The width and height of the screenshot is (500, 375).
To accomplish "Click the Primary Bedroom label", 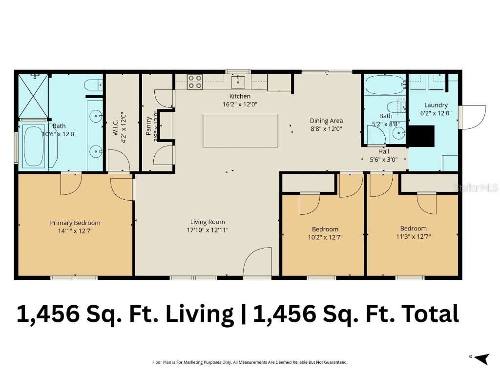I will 75,223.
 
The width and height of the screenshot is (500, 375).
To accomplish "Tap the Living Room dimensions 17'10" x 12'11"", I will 208,229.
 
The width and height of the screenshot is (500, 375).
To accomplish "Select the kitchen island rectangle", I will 240,130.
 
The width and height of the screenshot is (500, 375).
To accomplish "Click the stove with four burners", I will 195,82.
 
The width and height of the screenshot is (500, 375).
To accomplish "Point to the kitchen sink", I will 241,80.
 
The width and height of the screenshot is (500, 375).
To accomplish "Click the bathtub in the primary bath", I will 34,146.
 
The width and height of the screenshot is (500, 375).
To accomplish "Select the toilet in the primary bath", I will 93,85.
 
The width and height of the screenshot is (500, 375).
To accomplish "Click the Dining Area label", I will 326,121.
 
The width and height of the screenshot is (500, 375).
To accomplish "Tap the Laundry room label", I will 436,105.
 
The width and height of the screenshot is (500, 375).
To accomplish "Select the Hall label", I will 384,151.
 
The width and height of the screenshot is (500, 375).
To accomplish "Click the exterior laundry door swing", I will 474,117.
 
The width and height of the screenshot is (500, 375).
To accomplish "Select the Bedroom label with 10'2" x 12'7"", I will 325,229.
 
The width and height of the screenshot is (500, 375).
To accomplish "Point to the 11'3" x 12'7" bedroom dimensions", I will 413,237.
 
